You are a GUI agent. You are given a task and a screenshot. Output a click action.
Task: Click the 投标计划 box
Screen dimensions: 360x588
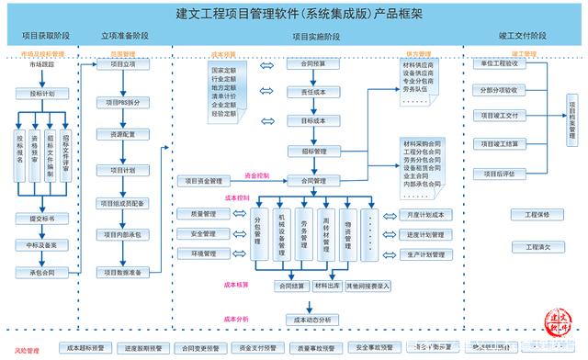pos(41,93)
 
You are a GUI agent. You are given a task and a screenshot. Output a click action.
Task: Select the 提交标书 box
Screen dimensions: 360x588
pos(41,219)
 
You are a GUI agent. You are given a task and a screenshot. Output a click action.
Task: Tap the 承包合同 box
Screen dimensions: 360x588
pos(41,272)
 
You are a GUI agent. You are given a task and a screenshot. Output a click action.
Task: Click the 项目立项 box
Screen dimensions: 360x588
pos(122,64)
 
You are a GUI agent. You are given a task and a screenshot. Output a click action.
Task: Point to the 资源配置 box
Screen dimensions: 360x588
pos(122,134)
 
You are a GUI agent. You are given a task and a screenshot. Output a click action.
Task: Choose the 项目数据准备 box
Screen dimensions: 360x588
pos(122,272)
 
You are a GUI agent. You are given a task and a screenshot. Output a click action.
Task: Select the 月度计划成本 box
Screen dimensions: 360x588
pos(425,215)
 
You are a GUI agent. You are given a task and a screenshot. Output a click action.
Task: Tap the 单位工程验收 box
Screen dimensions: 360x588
pos(499,64)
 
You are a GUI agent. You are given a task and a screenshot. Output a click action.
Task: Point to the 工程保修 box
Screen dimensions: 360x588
pos(537,215)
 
